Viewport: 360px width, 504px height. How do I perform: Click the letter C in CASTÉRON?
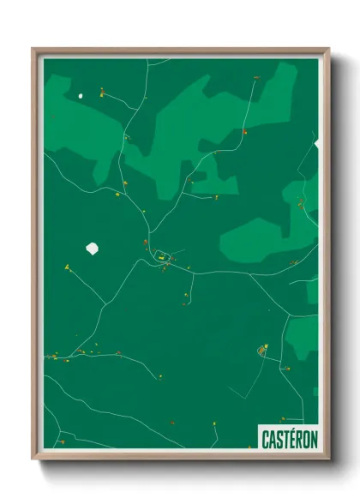point(265,440)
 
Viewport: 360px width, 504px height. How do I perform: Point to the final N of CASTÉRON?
point(313,440)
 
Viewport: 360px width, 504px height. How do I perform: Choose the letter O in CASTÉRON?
point(305,440)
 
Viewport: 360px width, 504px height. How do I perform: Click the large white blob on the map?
point(93,249)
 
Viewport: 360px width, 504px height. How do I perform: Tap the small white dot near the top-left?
point(82,95)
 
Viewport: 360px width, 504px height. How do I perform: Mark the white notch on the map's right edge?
point(317,143)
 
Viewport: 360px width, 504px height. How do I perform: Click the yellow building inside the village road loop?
point(159,255)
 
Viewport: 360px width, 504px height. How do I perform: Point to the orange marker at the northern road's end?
point(255,78)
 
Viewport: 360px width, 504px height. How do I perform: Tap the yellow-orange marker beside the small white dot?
point(101,91)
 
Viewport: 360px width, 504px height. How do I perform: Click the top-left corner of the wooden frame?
point(33,49)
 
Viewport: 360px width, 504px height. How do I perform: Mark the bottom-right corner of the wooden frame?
point(328,459)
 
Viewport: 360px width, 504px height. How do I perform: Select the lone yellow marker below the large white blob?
point(67,267)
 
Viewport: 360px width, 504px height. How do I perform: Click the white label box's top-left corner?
point(258,426)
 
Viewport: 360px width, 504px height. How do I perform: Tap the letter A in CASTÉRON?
point(271,440)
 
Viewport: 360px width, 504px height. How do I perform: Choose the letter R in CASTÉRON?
point(297,440)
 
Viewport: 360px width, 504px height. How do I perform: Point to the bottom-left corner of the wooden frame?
point(33,459)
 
